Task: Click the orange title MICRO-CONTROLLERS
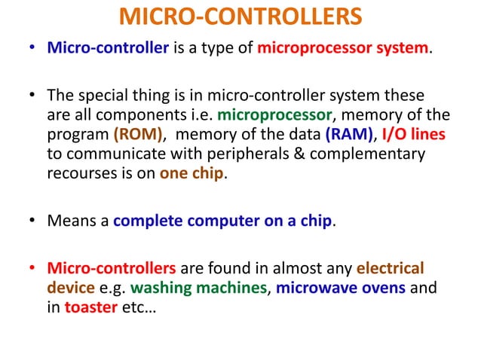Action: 240,17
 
